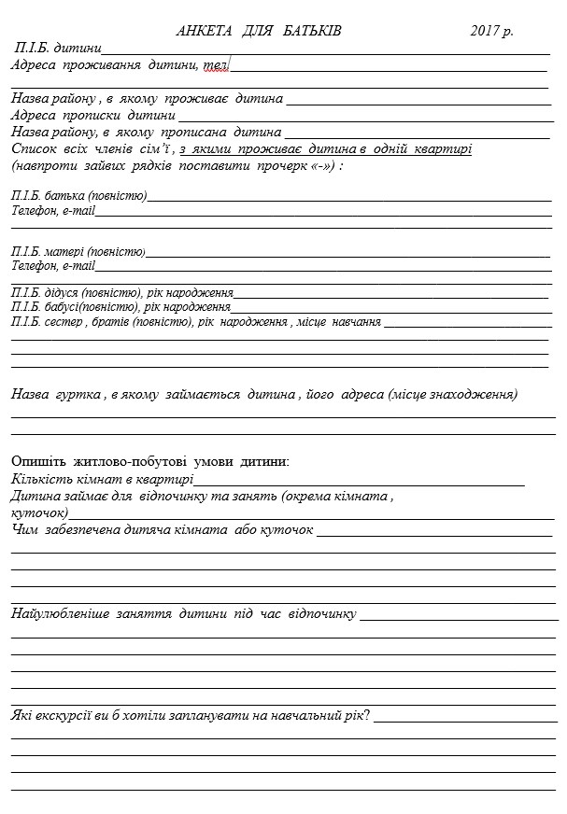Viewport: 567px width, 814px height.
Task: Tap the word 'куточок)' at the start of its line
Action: coord(38,512)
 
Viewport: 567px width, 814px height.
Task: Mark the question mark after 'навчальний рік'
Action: coord(367,715)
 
